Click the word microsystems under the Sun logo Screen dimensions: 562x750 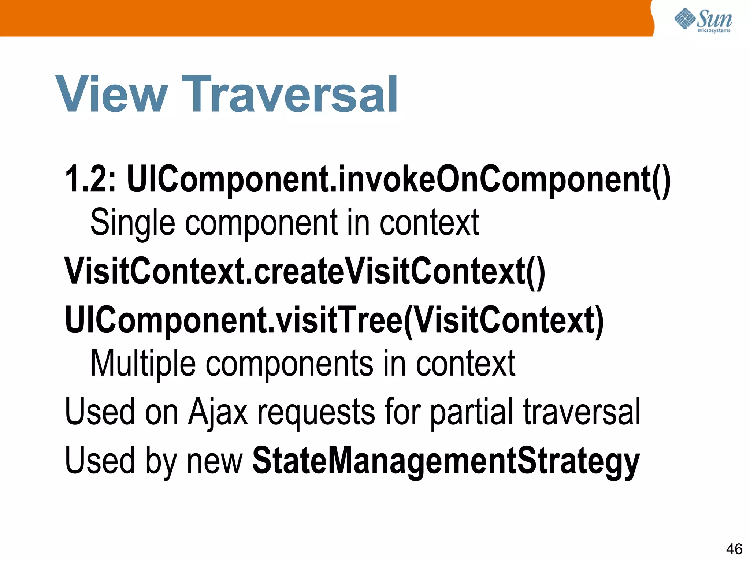point(714,31)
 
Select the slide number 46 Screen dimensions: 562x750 point(734,549)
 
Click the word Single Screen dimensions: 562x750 point(133,222)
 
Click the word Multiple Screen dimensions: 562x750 point(143,363)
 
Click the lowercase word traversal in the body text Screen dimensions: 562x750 point(582,412)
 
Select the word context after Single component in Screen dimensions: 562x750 point(429,222)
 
